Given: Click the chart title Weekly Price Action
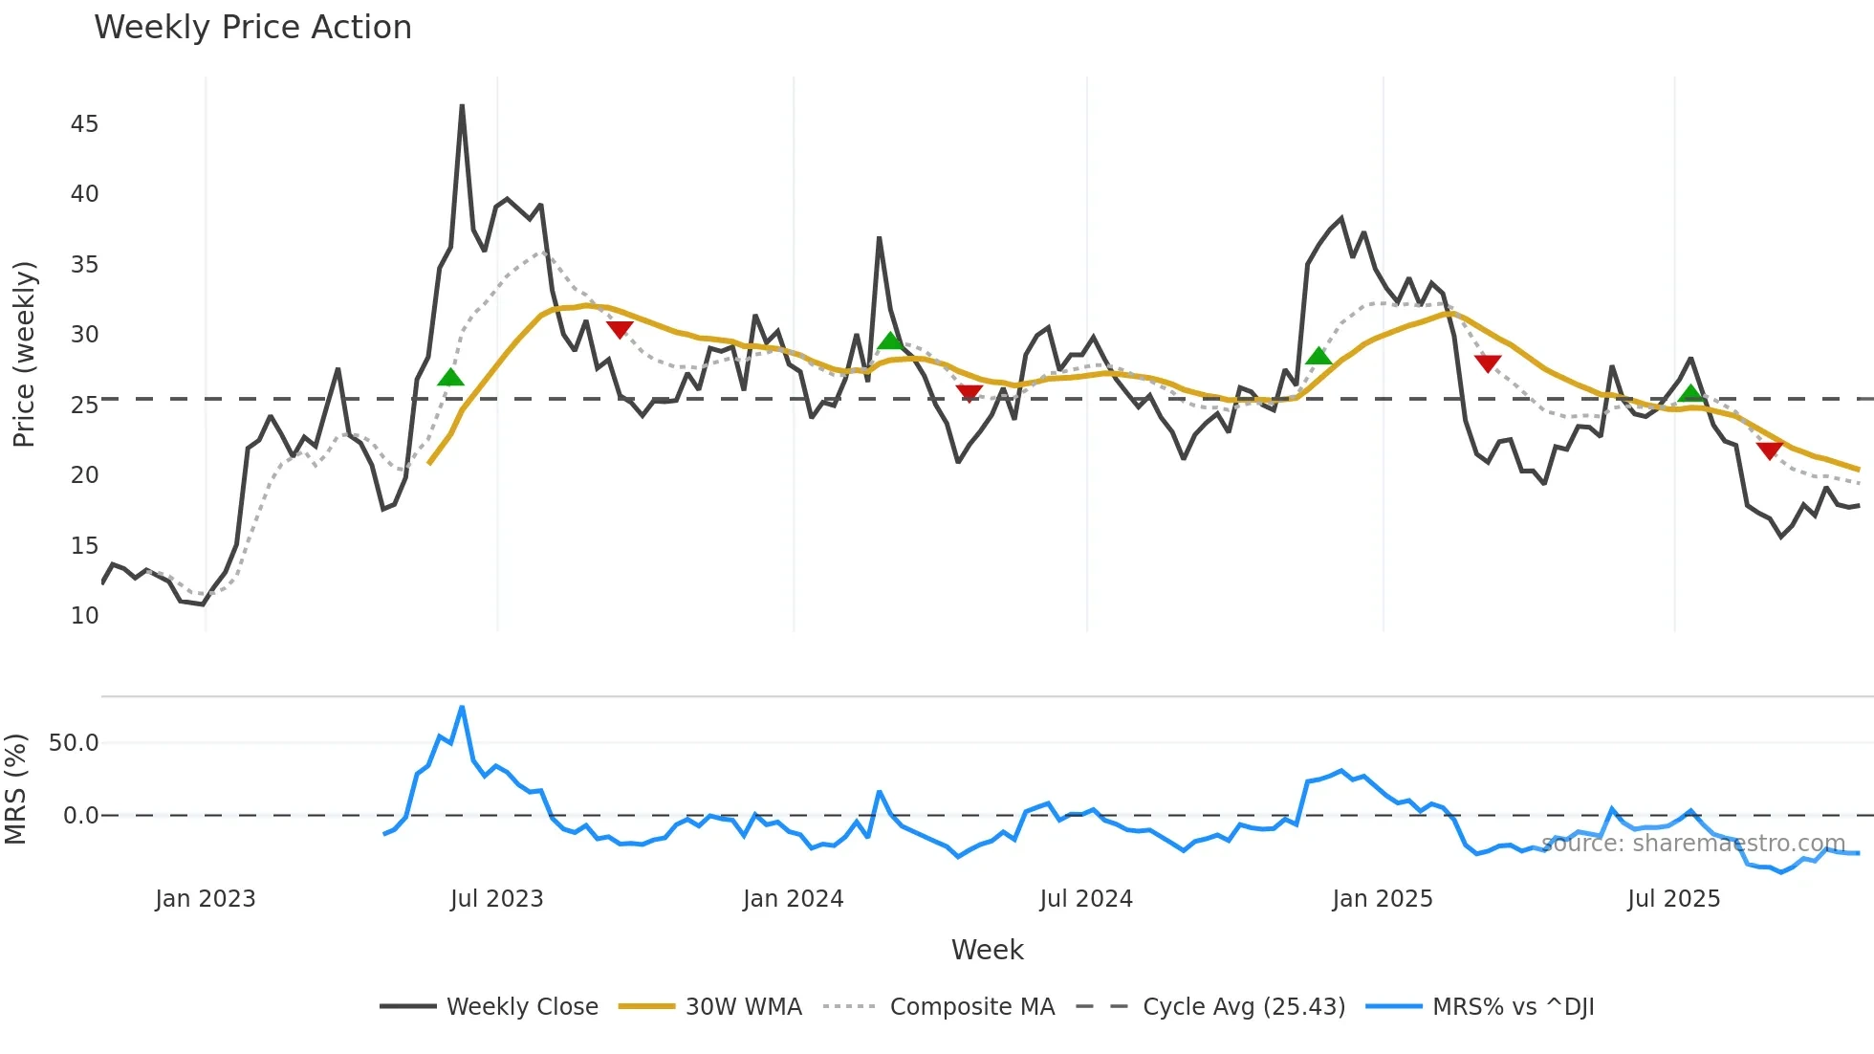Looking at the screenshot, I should point(252,28).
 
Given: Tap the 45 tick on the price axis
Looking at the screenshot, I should point(84,124).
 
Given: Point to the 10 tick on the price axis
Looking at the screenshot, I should point(84,616).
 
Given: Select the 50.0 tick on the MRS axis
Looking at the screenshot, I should point(74,743).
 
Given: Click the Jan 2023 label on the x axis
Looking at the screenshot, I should point(206,899).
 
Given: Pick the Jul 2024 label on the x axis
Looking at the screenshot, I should point(1086,899).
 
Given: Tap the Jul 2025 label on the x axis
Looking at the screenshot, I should point(1673,899).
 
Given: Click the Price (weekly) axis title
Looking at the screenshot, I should point(24,354).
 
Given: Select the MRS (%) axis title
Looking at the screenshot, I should point(15,790).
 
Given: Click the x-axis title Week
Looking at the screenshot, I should point(987,950).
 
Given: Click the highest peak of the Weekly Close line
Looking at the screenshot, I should point(462,105).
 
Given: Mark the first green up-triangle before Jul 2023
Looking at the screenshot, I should point(450,378).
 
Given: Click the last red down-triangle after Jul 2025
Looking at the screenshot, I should point(1769,450).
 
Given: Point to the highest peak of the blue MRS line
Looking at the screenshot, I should point(462,707).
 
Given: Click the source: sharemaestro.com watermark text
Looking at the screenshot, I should point(1692,844).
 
